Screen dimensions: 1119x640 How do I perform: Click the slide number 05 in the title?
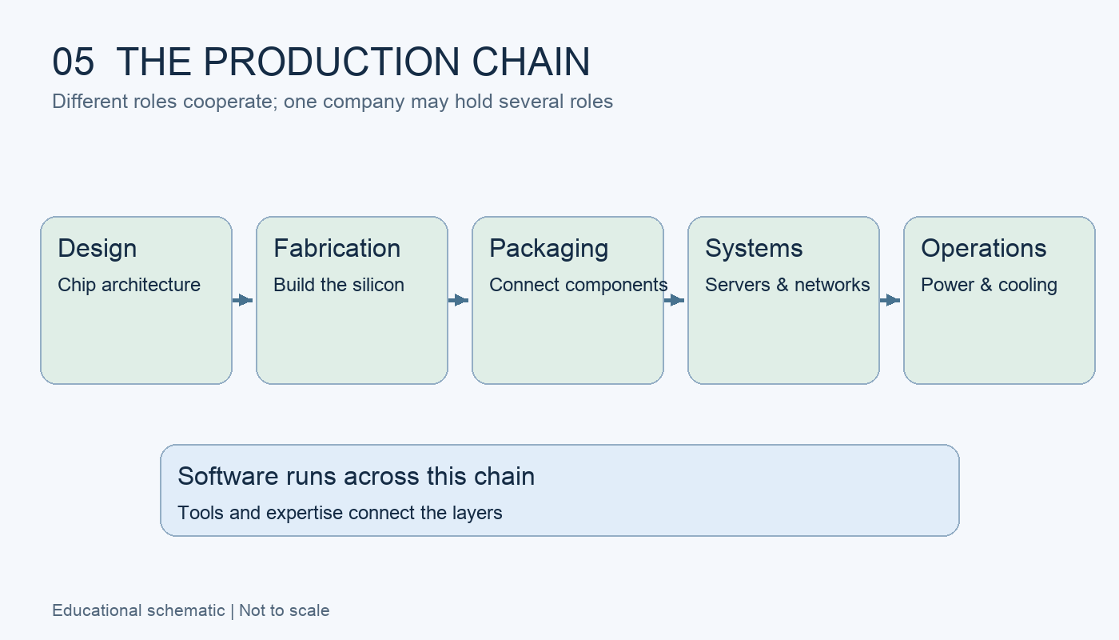tap(73, 62)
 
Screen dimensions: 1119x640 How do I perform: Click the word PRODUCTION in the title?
tap(331, 62)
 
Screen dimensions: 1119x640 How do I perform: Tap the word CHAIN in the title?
tap(531, 62)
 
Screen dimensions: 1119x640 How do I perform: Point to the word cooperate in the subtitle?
tap(230, 102)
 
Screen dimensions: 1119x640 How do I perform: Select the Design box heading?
tap(98, 248)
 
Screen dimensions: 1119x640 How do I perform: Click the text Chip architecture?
tap(129, 285)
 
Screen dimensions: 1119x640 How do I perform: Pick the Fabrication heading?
tap(337, 248)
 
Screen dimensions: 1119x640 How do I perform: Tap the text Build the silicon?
tap(339, 285)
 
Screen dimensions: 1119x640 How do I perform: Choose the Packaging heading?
tap(549, 249)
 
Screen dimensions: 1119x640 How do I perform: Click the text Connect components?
tap(579, 285)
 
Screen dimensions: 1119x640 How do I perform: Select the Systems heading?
tap(754, 249)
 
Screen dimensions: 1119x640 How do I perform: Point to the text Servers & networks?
tap(787, 285)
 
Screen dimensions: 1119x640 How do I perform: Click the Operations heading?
tap(984, 249)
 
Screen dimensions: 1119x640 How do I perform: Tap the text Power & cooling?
tap(990, 285)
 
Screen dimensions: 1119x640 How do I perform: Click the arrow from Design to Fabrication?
tap(243, 300)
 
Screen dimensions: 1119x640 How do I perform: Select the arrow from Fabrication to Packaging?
tap(459, 300)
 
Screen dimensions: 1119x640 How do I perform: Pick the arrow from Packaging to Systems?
tap(675, 300)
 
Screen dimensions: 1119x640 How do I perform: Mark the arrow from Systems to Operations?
tap(890, 300)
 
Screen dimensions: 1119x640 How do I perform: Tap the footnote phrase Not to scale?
tap(285, 610)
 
